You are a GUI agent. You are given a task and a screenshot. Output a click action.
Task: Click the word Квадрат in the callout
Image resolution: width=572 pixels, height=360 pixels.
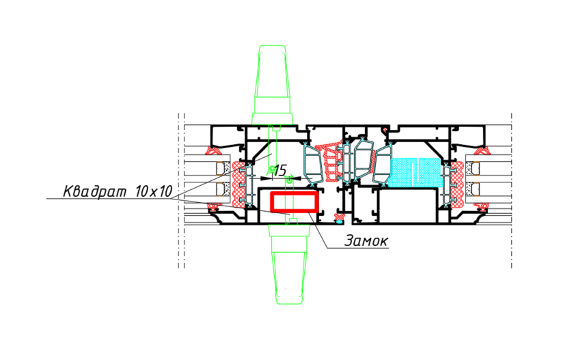(x=95, y=191)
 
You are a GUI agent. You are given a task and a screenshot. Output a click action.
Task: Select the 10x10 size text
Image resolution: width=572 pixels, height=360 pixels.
(x=154, y=191)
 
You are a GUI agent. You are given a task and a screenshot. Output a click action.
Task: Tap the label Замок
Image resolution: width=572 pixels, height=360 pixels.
(x=366, y=240)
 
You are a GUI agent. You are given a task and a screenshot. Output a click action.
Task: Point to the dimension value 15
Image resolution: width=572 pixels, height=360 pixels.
(x=280, y=170)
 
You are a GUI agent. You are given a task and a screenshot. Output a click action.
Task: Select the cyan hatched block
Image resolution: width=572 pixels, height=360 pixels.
(x=415, y=173)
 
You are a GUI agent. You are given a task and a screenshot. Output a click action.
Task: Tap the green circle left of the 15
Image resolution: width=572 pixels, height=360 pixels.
(x=272, y=169)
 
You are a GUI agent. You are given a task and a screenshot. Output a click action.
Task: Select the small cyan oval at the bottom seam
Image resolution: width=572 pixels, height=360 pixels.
(x=339, y=221)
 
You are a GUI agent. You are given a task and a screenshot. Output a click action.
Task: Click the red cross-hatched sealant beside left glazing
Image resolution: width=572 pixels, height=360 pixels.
(x=238, y=184)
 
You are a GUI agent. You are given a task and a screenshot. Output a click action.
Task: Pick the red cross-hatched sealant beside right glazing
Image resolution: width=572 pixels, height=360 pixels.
(x=457, y=184)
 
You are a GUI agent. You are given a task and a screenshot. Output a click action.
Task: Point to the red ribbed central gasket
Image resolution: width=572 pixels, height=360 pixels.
(x=330, y=163)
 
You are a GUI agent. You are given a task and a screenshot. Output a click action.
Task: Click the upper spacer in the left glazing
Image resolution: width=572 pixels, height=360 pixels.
(x=222, y=168)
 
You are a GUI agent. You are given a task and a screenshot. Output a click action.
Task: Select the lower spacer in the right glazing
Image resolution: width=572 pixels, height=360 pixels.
(x=472, y=189)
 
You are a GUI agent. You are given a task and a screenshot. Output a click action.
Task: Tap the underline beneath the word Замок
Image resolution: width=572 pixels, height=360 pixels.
(x=357, y=249)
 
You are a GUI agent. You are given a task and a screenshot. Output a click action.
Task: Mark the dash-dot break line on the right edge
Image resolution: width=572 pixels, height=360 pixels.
(x=511, y=191)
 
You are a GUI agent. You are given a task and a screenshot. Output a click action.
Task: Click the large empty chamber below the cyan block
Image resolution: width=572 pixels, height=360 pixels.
(x=407, y=206)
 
